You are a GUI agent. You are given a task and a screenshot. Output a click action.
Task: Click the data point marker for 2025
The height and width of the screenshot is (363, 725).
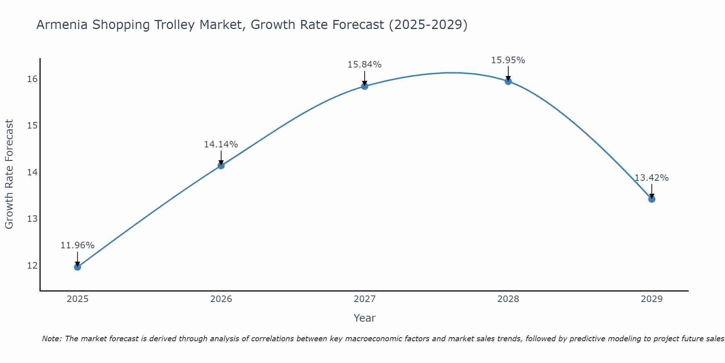click(x=77, y=267)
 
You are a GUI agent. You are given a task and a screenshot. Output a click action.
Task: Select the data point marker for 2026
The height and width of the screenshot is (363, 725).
click(x=221, y=166)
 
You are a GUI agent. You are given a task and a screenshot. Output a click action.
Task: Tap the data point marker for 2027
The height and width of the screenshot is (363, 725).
click(x=365, y=86)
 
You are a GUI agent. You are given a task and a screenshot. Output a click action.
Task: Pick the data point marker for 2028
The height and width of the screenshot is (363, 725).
click(x=508, y=81)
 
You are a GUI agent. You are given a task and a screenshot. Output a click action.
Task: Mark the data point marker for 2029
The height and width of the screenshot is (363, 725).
click(x=651, y=199)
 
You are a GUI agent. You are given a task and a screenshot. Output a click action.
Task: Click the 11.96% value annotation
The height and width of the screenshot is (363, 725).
click(x=77, y=245)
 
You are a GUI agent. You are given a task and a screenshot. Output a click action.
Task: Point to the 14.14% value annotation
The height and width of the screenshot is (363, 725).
click(x=221, y=144)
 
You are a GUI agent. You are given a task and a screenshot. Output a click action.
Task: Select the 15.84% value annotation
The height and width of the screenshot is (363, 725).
click(x=364, y=65)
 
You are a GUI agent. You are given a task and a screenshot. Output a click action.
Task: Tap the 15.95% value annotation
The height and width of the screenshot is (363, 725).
click(x=508, y=60)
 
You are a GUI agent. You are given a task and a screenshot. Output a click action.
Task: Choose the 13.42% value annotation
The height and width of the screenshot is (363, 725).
click(x=651, y=178)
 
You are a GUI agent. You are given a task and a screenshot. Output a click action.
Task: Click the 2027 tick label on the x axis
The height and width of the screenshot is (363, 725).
click(x=364, y=299)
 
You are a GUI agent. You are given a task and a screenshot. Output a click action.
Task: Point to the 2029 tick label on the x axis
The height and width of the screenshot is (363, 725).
click(x=651, y=299)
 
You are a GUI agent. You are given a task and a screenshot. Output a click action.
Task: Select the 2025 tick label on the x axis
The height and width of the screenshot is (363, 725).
click(x=78, y=299)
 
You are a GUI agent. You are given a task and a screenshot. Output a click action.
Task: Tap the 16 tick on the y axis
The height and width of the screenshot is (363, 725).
click(x=32, y=79)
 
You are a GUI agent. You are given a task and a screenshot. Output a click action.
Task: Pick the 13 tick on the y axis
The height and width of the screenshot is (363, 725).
click(x=32, y=219)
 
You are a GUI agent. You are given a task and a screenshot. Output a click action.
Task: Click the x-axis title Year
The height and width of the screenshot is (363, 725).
click(x=364, y=318)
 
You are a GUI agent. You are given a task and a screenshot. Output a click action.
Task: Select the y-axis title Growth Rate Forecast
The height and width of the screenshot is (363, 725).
click(x=9, y=174)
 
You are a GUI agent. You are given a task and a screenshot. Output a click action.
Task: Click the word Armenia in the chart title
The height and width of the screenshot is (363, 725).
click(x=62, y=25)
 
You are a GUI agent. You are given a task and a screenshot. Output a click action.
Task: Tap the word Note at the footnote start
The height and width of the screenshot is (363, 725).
click(x=52, y=339)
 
